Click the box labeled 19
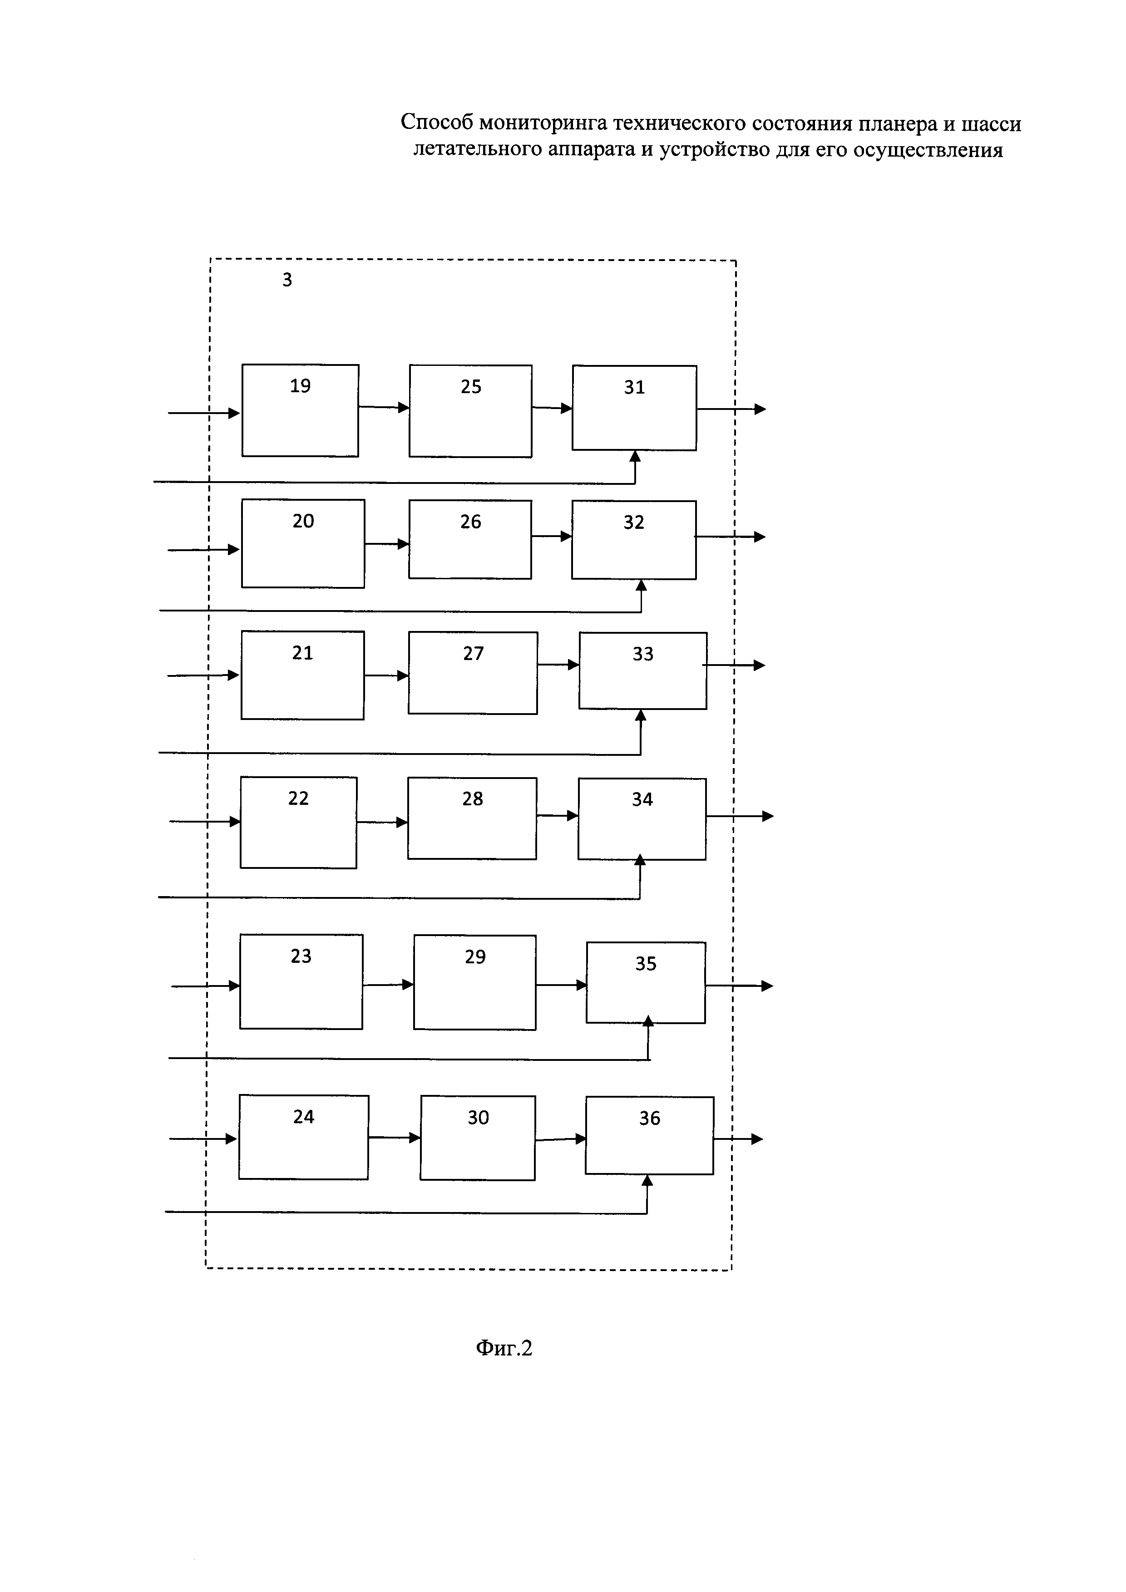[300, 410]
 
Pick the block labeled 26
[469, 539]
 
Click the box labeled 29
[474, 982]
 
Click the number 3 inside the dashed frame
[287, 280]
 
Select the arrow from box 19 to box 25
[383, 407]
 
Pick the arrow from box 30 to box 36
[560, 1139]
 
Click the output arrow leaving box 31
[731, 409]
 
